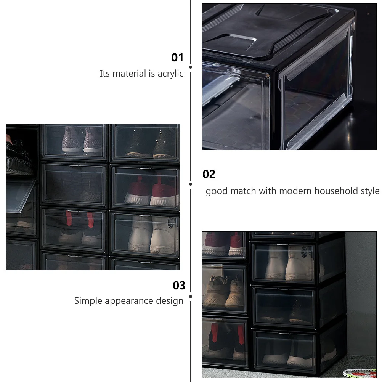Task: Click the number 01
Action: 177,58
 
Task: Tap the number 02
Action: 209,174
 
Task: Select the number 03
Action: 179,285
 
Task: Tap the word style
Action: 370,191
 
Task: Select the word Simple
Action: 88,301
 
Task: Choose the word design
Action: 170,301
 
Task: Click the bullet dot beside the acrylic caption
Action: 191,67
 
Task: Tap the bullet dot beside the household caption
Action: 191,184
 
